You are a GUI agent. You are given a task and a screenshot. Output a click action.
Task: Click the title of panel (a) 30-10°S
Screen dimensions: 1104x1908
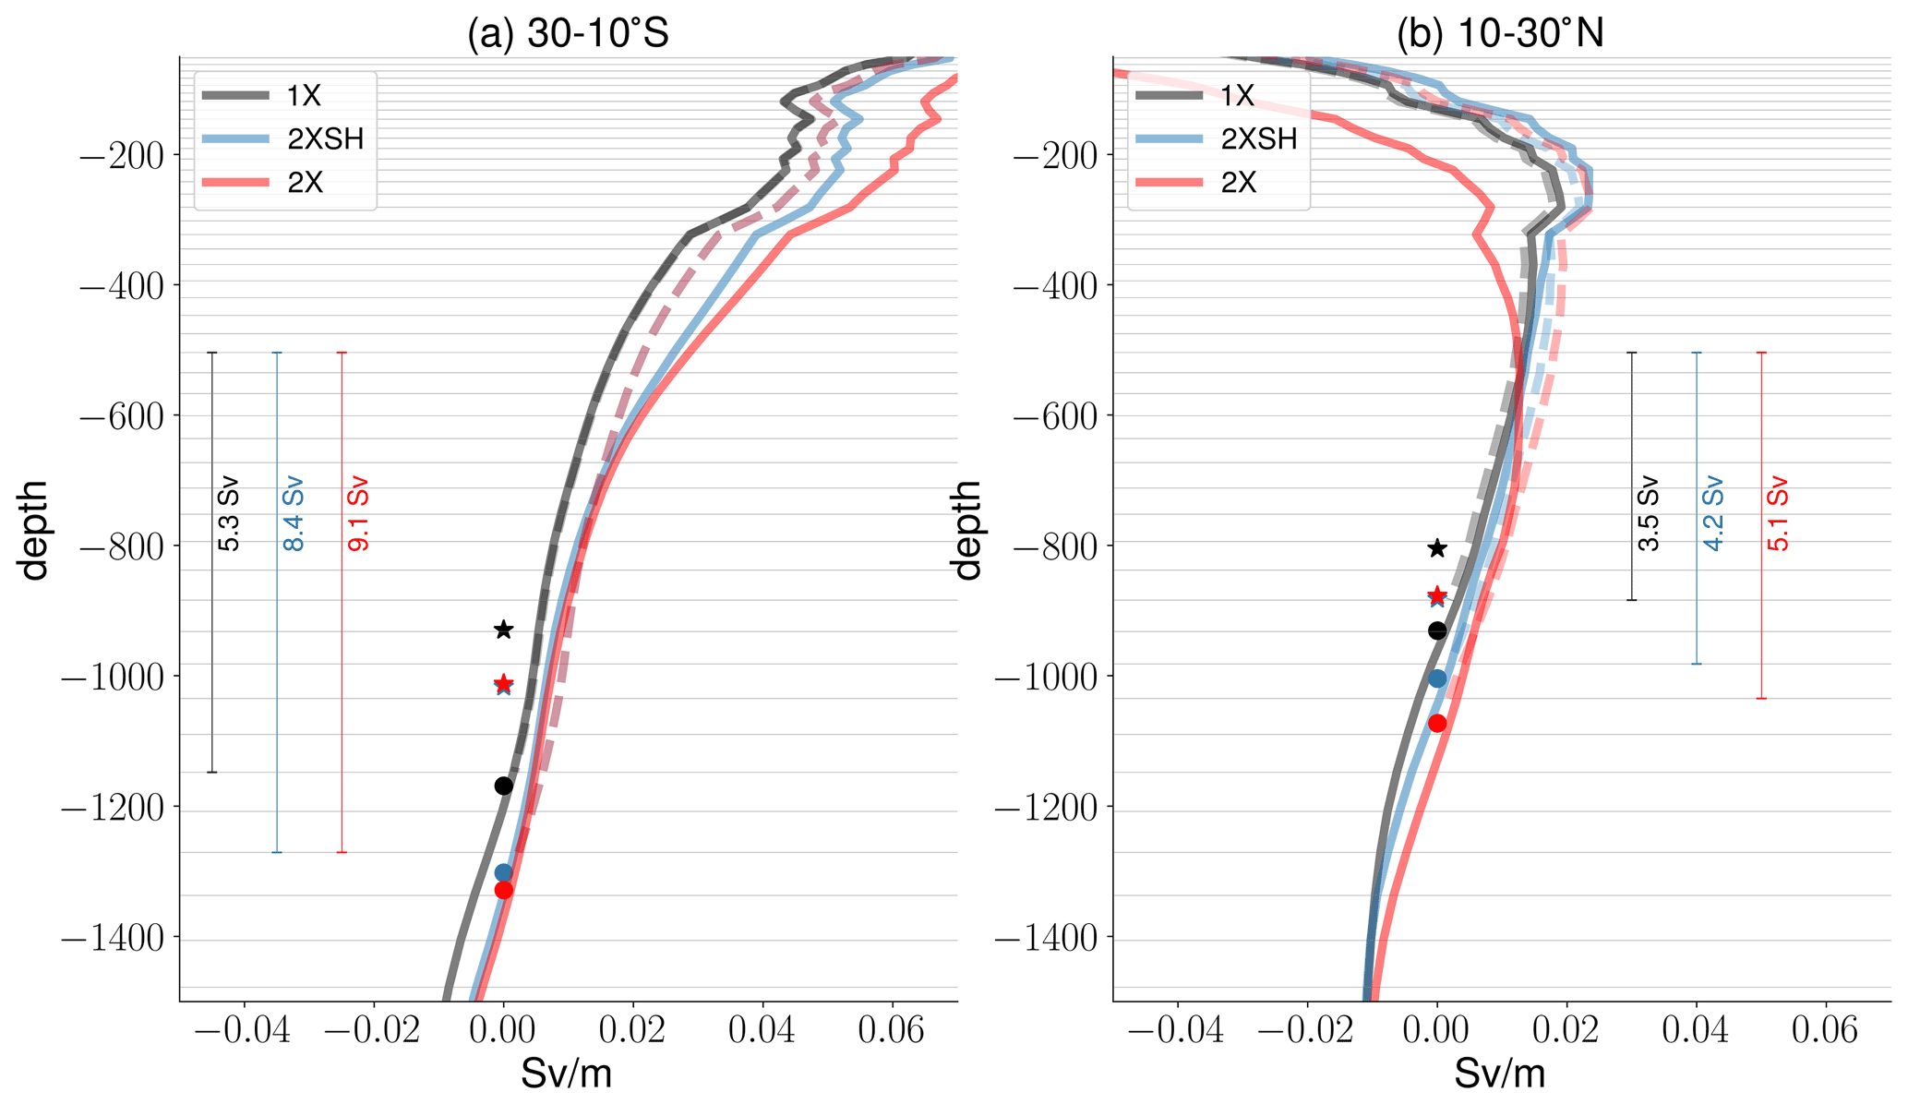(x=568, y=34)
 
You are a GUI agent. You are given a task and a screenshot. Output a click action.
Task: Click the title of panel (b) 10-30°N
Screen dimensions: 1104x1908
(x=1500, y=34)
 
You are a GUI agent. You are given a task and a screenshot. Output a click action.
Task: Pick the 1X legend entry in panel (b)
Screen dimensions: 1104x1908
(x=1238, y=95)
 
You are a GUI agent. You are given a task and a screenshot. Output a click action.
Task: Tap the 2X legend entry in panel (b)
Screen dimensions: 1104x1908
(x=1238, y=183)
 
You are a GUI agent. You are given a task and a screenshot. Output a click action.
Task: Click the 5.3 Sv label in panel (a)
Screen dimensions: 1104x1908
(x=229, y=514)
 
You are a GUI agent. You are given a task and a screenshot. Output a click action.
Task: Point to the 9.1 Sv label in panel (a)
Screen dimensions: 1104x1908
(x=358, y=514)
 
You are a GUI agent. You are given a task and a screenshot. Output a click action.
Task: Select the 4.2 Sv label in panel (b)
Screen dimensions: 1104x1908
(x=1713, y=514)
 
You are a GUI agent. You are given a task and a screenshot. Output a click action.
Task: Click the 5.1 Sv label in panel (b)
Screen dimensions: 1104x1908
(x=1778, y=514)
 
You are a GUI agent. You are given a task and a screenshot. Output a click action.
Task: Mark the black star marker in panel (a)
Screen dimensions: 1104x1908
(x=503, y=630)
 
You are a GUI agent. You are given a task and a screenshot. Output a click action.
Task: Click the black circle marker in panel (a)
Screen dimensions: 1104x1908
(x=503, y=786)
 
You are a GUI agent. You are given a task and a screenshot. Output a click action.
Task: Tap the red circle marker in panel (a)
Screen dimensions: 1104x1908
(x=503, y=890)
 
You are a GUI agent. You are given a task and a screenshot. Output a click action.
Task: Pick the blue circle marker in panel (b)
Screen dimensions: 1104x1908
(x=1437, y=678)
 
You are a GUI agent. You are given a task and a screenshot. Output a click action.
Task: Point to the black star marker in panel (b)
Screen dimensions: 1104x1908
(x=1437, y=549)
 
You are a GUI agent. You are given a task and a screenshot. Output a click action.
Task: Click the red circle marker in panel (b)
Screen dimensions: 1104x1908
(x=1437, y=723)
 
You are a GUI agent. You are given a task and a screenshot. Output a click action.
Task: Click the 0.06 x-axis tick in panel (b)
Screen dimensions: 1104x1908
(x=1824, y=1030)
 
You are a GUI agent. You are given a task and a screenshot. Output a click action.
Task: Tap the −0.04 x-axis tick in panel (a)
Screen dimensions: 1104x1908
(x=245, y=1030)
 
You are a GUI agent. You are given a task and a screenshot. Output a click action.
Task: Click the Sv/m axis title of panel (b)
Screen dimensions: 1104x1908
(x=1500, y=1074)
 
